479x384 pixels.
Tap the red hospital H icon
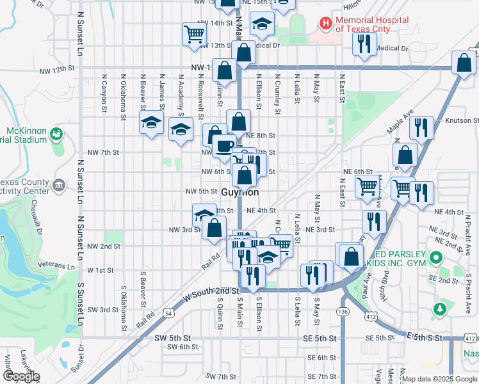pyautogui.click(x=326, y=24)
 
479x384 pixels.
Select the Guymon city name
pyautogui.click(x=240, y=192)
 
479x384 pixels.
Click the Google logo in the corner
pyautogui.click(x=21, y=376)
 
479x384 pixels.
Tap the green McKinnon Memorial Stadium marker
pyautogui.click(x=56, y=134)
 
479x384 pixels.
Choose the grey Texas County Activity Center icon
pyautogui.click(x=59, y=186)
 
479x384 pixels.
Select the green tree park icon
pyautogui.click(x=439, y=310)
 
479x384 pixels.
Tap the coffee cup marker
pyautogui.click(x=224, y=147)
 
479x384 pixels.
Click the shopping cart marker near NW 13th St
pyautogui.click(x=194, y=35)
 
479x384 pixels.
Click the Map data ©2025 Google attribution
pyautogui.click(x=439, y=379)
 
